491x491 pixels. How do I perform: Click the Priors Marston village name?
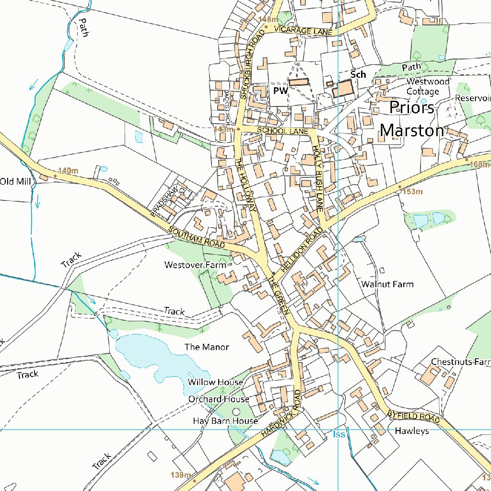[412, 119]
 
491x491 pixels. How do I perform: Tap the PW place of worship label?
[281, 90]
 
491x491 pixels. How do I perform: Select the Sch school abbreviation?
[358, 74]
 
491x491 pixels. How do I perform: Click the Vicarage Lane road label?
[304, 31]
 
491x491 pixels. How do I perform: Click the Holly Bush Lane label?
[317, 178]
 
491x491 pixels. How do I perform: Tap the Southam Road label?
[197, 237]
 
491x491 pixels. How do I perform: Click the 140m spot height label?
[67, 170]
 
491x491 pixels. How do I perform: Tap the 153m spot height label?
[412, 191]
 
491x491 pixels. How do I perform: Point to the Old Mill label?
[16, 181]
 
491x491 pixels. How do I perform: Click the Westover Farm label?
[195, 265]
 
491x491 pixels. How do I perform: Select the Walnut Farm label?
[387, 284]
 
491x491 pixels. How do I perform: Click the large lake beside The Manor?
[153, 355]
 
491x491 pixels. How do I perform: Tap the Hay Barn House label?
[225, 421]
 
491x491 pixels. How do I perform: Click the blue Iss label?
[339, 434]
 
